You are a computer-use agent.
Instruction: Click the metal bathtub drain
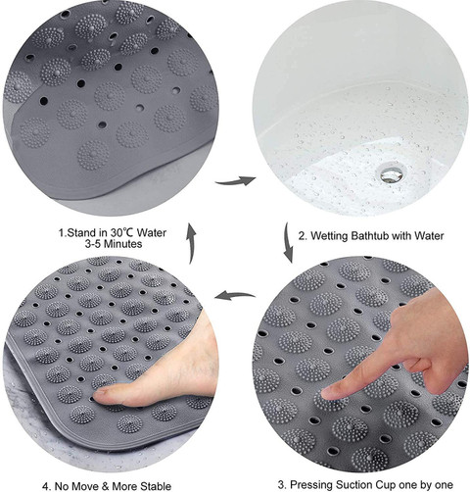click(392, 173)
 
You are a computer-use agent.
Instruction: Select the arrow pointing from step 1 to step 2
click(235, 180)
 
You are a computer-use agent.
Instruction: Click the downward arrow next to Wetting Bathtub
click(288, 242)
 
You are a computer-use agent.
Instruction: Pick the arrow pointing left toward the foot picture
click(235, 296)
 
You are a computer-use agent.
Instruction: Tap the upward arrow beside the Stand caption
click(191, 243)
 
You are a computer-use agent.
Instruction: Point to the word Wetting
click(328, 236)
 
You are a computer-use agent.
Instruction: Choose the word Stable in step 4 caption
click(156, 486)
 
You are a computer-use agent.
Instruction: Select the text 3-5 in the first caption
click(91, 244)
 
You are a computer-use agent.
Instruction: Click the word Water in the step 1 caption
click(152, 233)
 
